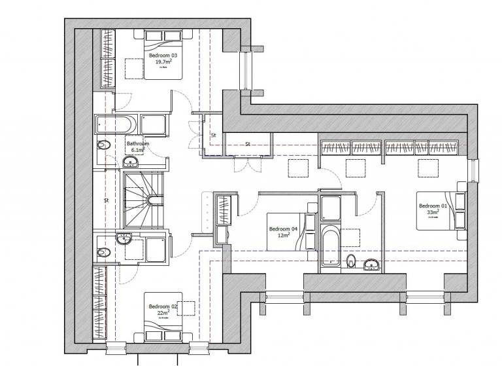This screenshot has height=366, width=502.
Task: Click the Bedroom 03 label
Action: tap(163, 56)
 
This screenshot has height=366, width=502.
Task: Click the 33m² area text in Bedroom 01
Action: tap(432, 213)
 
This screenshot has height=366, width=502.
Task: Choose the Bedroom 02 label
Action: tap(163, 306)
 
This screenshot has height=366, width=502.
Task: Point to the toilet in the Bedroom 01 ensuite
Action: tap(351, 262)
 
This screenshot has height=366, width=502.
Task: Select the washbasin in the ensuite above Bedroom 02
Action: tap(123, 238)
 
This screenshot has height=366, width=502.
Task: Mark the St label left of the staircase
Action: tap(105, 200)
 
